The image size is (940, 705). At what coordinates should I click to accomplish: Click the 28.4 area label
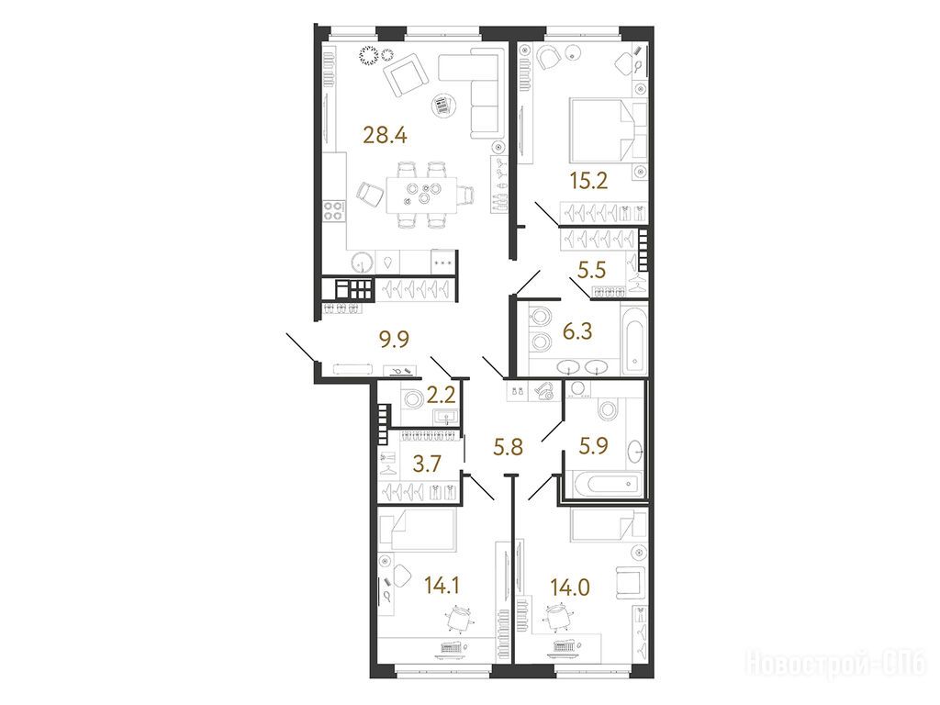[x=385, y=136]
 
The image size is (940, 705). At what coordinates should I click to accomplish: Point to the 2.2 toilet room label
[x=442, y=395]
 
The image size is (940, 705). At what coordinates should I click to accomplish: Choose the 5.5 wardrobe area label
[x=592, y=271]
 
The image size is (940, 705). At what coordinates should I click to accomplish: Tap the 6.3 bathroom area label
[x=576, y=330]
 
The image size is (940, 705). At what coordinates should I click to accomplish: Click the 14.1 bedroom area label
[x=442, y=585]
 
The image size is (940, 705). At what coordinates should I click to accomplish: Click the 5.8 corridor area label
[x=509, y=447]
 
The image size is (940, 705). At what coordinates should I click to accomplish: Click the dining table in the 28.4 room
[x=420, y=194]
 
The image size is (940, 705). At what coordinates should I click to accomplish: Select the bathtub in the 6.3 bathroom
[x=634, y=340]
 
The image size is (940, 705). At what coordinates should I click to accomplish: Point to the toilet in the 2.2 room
[x=412, y=398]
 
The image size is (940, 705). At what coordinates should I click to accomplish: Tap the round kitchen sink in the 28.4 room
[x=362, y=262]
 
